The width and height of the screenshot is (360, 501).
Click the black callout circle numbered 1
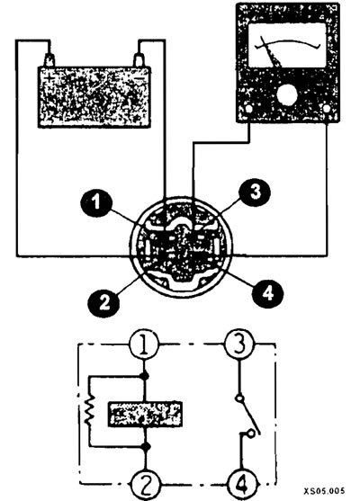pyautogui.click(x=96, y=201)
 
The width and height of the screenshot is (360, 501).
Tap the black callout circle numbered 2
pyautogui.click(x=104, y=300)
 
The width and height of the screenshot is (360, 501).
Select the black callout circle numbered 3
pyautogui.click(x=255, y=191)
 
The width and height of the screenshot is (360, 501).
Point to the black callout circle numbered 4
pyautogui.click(x=267, y=291)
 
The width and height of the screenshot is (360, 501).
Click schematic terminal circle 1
pyautogui.click(x=144, y=344)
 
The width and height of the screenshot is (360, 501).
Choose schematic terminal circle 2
pyautogui.click(x=146, y=485)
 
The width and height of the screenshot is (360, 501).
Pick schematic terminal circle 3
pyautogui.click(x=239, y=344)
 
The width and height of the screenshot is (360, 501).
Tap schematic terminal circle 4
pyautogui.click(x=242, y=485)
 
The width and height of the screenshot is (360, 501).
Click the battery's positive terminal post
pyautogui.click(x=49, y=60)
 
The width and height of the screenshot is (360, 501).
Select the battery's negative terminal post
pyautogui.click(x=139, y=60)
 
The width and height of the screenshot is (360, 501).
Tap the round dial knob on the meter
pyautogui.click(x=287, y=95)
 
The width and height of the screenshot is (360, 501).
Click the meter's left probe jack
pyautogui.click(x=248, y=109)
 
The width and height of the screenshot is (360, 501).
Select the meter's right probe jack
pyautogui.click(x=327, y=109)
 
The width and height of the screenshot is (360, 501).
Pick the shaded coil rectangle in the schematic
pyautogui.click(x=146, y=414)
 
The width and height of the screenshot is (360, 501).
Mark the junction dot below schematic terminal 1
pyautogui.click(x=145, y=376)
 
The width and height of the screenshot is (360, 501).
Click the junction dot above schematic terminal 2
pyautogui.click(x=146, y=447)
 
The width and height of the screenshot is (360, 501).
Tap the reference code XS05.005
pyautogui.click(x=324, y=490)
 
